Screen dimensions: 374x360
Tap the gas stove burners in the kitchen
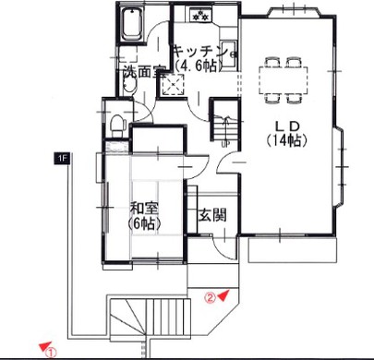[200, 15]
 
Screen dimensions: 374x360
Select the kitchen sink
[229, 54]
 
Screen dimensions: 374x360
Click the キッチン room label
[201, 52]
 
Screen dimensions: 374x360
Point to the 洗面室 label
[144, 72]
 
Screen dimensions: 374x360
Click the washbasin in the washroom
[129, 84]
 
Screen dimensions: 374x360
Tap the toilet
[118, 125]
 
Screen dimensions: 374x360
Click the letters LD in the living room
[286, 126]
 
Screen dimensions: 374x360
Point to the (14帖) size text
[286, 140]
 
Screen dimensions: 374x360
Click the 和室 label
[144, 210]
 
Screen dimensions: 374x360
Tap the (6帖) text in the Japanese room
[144, 223]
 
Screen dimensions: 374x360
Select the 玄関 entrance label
[212, 215]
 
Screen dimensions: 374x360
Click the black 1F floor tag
[61, 159]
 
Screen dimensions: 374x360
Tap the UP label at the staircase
[225, 144]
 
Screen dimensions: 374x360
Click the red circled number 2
[211, 297]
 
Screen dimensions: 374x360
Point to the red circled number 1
[51, 352]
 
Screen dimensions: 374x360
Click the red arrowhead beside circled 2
[223, 295]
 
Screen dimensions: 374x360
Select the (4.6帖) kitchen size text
[199, 66]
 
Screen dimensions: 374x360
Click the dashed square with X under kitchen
[172, 84]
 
